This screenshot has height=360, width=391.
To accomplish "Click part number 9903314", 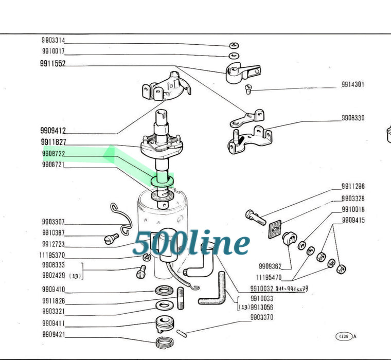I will [53, 40].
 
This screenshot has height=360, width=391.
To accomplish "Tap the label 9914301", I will [352, 84].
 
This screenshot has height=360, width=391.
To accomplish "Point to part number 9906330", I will [352, 118].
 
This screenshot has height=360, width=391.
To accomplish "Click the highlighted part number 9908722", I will [53, 154].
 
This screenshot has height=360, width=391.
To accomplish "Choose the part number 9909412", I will [53, 131].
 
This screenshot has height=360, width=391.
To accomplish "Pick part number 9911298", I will [352, 186].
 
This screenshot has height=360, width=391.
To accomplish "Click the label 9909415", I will [353, 221].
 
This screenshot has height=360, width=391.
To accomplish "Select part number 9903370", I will [262, 317].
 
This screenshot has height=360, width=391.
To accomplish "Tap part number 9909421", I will [53, 335].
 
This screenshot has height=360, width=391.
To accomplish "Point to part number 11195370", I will [51, 255].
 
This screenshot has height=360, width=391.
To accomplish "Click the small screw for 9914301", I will [249, 91].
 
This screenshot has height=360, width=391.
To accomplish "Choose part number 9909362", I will [270, 267].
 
